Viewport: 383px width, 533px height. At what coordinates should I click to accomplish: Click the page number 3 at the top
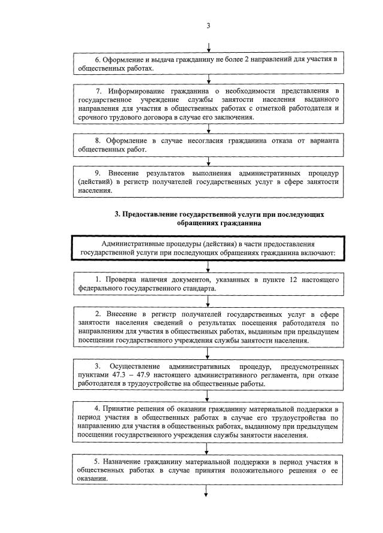click(207, 25)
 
